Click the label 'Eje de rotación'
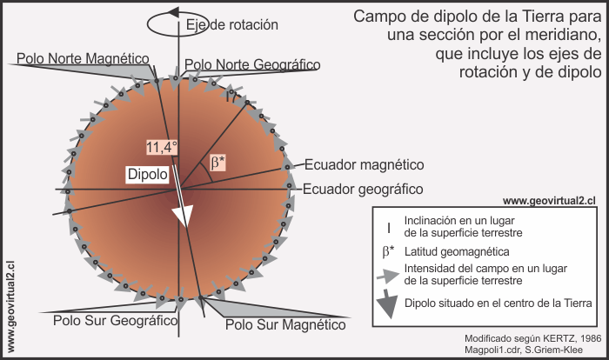pos(232,24)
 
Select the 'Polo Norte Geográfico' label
pos(252,64)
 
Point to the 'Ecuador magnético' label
pos(364,164)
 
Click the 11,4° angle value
pos(162,146)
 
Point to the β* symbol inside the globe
pos(218,162)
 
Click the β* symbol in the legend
pos(389,251)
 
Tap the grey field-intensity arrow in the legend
pos(388,275)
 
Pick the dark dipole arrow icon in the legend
pos(388,302)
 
